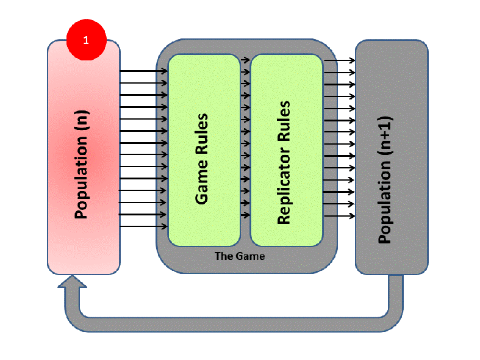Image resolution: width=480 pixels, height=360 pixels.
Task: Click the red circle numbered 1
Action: (86, 40)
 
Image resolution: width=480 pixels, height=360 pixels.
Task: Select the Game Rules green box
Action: (204, 150)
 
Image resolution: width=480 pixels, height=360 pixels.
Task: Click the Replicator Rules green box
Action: (286, 150)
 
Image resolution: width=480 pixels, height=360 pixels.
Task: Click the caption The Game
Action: (240, 256)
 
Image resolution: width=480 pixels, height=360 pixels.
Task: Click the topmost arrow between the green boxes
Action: (245, 60)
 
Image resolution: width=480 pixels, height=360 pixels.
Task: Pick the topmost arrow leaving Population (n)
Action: (143, 71)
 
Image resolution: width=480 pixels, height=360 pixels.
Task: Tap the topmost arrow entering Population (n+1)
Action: (339, 60)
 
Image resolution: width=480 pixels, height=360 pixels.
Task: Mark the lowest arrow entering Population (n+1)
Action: (339, 216)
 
